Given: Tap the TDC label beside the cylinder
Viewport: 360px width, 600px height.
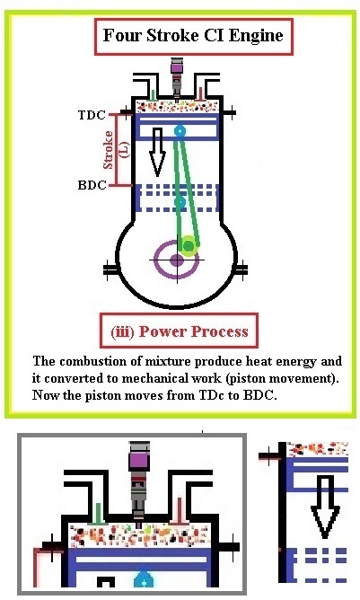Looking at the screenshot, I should (x=92, y=115).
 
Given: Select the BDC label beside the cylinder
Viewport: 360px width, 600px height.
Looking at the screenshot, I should (x=92, y=185).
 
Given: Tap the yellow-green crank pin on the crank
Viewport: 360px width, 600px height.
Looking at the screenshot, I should (x=188, y=243).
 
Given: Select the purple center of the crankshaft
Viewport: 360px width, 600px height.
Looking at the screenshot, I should (x=177, y=260).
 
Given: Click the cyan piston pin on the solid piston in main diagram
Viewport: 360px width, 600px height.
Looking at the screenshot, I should (x=180, y=131).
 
